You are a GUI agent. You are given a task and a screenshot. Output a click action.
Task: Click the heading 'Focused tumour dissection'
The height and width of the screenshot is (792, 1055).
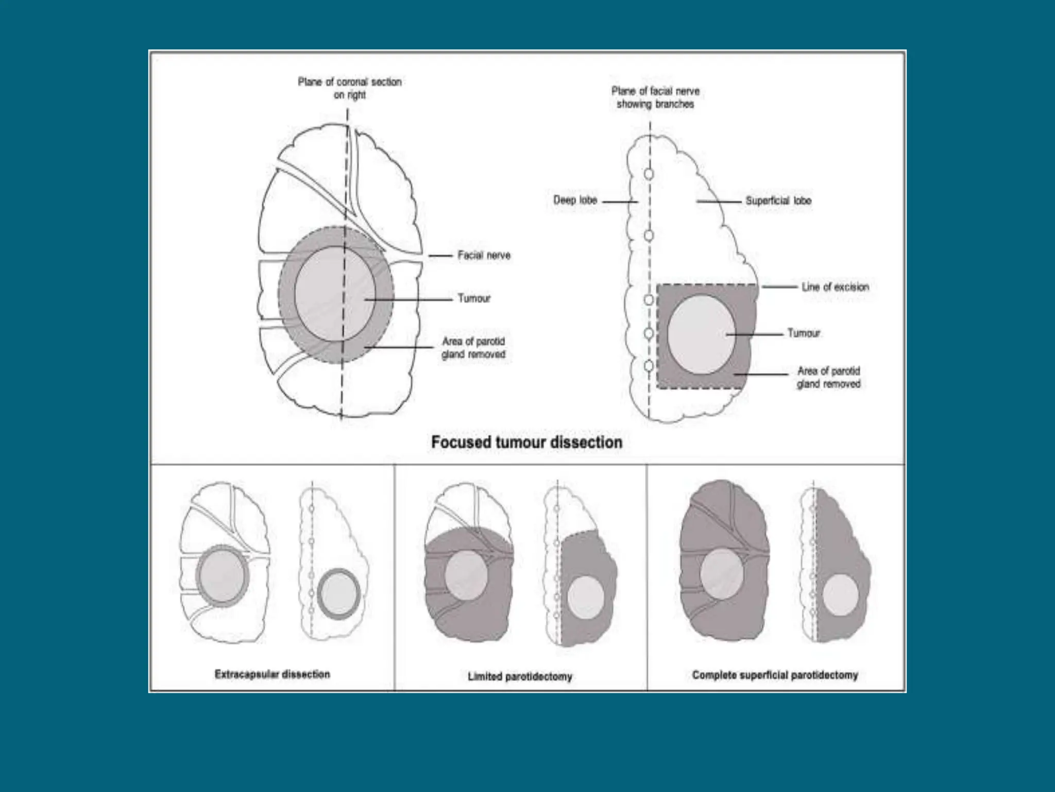pos(526,442)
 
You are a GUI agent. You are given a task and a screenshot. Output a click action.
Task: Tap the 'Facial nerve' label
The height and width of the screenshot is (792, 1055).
pos(484,255)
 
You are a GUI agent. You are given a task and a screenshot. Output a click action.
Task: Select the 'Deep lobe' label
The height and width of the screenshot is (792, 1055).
pos(575,200)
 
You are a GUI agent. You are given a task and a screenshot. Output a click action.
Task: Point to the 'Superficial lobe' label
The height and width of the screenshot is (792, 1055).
pos(778,201)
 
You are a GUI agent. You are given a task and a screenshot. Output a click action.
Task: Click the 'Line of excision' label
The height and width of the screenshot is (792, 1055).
pos(835,287)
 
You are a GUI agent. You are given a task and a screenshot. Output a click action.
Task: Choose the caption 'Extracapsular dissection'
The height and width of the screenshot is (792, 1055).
pos(272,674)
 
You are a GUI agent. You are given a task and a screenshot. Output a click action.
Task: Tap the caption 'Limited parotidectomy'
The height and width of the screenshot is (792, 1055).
pos(520,676)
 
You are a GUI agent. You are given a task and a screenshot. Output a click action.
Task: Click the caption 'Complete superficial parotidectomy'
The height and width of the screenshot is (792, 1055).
pos(775,675)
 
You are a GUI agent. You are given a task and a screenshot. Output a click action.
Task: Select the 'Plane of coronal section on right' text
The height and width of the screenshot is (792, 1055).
pos(350,88)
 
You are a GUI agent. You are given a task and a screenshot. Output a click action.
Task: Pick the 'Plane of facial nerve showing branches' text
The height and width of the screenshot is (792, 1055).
pos(655,97)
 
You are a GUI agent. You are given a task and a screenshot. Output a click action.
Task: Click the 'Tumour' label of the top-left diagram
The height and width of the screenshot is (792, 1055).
pos(474,299)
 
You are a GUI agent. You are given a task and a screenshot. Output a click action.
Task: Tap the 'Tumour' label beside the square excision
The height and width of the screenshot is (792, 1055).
pos(804,334)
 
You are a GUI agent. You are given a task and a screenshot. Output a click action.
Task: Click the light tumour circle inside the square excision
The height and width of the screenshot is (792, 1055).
pos(701,334)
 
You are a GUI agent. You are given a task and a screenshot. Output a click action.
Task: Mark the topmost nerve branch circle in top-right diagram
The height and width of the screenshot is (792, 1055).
pos(649,174)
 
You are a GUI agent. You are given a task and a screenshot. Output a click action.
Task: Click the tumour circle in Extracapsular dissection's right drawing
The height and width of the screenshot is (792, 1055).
pos(338,593)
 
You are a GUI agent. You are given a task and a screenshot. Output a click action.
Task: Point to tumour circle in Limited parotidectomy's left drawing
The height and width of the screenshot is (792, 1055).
pos(466,575)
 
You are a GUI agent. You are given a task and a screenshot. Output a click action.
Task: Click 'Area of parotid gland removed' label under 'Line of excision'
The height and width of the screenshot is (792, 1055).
pos(828,377)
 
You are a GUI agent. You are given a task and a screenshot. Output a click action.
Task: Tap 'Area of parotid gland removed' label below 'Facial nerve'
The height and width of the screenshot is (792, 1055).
pos(473,348)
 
